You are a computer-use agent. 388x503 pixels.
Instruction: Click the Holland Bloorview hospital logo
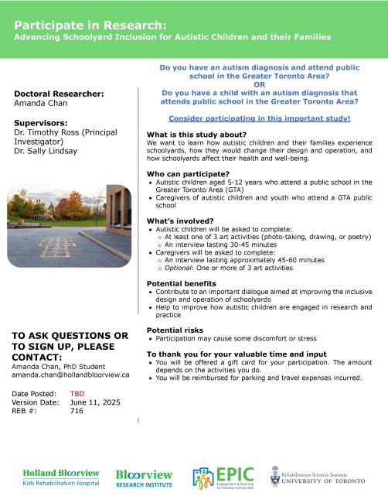[x=60, y=476]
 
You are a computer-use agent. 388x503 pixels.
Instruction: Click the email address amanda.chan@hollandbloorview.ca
[x=70, y=375]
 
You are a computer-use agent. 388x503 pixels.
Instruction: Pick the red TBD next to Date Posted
[x=77, y=393]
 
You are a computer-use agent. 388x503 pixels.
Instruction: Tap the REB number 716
[x=77, y=412]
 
